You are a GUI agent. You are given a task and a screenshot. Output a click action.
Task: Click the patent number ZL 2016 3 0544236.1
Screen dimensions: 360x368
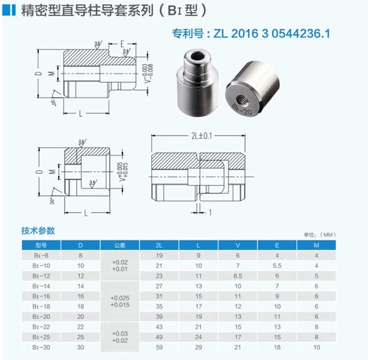tap(250, 34)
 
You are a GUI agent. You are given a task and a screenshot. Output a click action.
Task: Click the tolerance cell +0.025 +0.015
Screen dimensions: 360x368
tap(120, 301)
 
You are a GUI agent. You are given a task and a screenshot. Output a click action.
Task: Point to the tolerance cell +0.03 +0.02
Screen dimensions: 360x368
tap(120, 337)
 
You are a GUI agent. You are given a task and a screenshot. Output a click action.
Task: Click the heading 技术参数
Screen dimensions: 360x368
tap(38, 231)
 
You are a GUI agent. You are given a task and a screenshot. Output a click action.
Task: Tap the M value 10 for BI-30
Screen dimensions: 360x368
tap(316, 347)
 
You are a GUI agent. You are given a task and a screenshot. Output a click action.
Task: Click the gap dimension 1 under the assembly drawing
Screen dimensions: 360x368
tap(210, 213)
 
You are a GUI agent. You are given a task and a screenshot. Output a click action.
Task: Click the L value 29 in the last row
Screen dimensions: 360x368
tap(199, 347)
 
